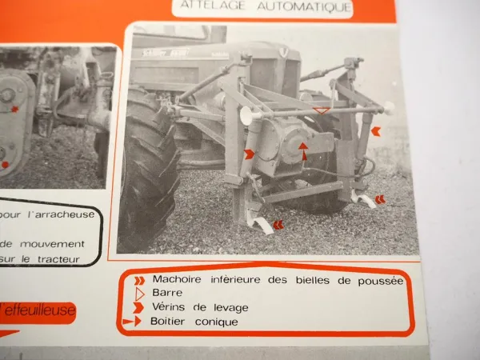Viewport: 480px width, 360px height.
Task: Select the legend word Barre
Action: click(x=167, y=294)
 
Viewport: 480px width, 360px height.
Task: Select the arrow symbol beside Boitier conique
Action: click(x=134, y=322)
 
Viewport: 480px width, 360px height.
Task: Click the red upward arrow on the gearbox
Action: click(x=303, y=150)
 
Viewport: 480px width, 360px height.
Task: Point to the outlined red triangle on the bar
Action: click(x=322, y=110)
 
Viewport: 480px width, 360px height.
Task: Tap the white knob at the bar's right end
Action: click(x=389, y=108)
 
